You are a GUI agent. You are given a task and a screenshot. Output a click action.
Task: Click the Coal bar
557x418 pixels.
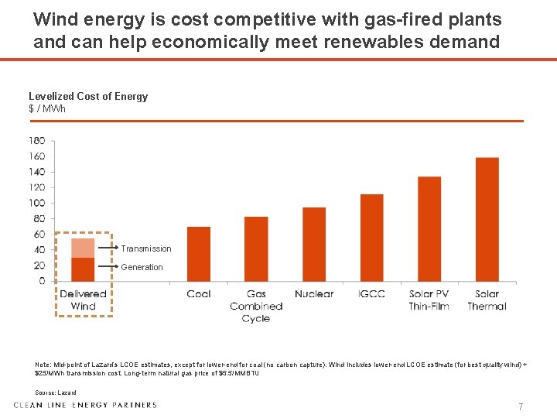pyautogui.click(x=199, y=254)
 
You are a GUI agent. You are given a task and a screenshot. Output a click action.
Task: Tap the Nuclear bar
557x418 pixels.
pyautogui.click(x=314, y=244)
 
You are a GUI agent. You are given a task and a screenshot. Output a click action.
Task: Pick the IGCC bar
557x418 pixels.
pyautogui.click(x=372, y=238)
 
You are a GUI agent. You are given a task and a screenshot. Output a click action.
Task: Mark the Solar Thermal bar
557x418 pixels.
pyautogui.click(x=487, y=219)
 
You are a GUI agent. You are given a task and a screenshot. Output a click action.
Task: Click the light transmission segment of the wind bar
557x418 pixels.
pyautogui.click(x=83, y=248)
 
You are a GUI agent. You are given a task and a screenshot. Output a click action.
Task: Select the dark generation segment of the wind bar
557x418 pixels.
pyautogui.click(x=83, y=269)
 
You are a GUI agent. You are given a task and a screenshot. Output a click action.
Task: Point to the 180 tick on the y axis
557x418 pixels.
pyautogui.click(x=37, y=141)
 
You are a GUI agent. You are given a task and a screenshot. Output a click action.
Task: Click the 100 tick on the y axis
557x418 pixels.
pyautogui.click(x=37, y=203)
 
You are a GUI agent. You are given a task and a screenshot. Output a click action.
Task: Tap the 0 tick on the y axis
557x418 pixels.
pyautogui.click(x=42, y=281)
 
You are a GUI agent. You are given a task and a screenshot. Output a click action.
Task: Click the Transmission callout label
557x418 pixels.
pyautogui.click(x=146, y=248)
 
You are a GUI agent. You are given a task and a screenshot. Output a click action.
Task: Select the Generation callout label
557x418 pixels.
pyautogui.click(x=142, y=267)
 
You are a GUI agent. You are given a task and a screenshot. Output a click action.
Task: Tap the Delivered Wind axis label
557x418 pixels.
pyautogui.click(x=83, y=300)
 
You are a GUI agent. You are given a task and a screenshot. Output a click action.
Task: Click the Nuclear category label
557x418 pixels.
pyautogui.click(x=314, y=294)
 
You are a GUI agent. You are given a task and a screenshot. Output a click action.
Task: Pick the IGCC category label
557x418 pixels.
pyautogui.click(x=372, y=294)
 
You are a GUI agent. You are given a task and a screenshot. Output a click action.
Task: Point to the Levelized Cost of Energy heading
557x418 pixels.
pyautogui.click(x=88, y=96)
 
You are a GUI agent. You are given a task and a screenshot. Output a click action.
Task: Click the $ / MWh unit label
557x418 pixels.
pyautogui.click(x=47, y=108)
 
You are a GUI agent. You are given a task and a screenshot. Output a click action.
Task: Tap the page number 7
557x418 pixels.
pyautogui.click(x=521, y=406)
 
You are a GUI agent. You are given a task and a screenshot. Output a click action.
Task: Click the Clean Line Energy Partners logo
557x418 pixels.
pyautogui.click(x=85, y=404)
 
